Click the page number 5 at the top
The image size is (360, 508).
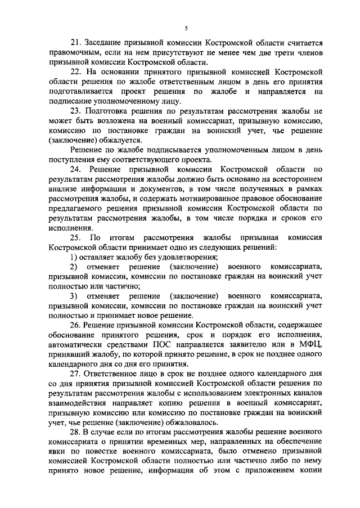click(186, 28)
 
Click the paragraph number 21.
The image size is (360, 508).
click(75, 43)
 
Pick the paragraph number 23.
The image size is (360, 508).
click(75, 111)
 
